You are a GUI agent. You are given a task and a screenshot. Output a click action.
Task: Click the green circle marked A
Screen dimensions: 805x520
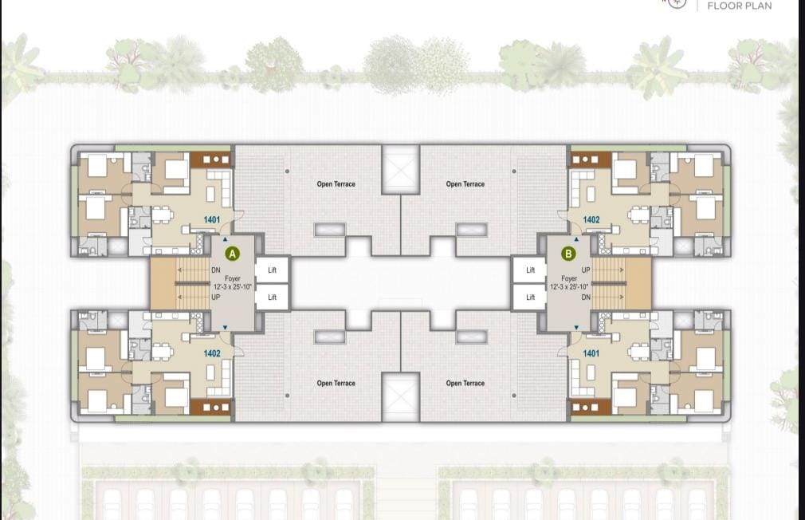coord(233,254)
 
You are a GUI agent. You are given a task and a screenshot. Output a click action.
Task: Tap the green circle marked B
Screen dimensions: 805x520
coord(568,254)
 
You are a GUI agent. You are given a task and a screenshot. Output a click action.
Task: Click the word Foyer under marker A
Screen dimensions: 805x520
coord(233,278)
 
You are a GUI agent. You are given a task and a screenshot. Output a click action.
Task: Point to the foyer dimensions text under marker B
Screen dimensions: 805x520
coord(569,287)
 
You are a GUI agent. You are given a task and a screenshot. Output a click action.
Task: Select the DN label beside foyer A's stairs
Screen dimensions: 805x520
coord(216,270)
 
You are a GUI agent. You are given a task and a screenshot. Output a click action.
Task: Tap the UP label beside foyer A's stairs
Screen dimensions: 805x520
coord(216,297)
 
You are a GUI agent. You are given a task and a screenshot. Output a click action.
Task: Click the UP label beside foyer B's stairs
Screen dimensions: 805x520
coord(586,270)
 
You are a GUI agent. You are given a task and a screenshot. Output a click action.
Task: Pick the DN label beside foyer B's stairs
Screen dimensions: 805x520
coord(586,297)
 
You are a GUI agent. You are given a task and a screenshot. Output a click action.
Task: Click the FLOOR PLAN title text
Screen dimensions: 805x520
coord(740,6)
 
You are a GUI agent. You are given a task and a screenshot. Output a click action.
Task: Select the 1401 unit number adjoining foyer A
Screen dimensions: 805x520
coord(211,220)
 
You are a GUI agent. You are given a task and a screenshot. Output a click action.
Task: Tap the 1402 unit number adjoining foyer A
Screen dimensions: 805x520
coord(211,353)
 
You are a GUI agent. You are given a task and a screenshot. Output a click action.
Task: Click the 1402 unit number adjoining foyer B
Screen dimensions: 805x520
coord(591,220)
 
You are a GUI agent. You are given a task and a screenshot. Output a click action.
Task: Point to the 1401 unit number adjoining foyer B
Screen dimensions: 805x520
coord(591,353)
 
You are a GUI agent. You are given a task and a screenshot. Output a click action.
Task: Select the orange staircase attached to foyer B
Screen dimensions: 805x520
coord(621,284)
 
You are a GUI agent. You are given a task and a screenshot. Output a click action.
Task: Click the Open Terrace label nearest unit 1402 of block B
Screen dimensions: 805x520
coord(465,184)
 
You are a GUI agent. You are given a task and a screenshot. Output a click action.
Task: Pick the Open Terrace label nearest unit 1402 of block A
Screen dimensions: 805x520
coord(336,383)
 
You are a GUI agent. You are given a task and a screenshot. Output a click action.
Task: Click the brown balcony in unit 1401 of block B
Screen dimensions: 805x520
coord(591,407)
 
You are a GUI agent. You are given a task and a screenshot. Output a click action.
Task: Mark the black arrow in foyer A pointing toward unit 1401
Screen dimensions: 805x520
coord(225,239)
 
